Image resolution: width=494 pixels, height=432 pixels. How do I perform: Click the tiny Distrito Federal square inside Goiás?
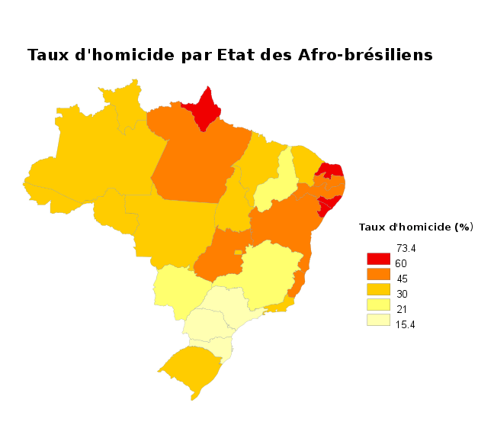click(x=239, y=251)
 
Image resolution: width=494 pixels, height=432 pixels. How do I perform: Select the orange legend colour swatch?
click(x=378, y=274)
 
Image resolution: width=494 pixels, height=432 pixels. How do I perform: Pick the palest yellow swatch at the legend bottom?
click(x=378, y=320)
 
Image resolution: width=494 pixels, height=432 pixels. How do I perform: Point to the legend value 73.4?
click(x=406, y=248)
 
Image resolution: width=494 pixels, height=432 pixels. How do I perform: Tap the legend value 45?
click(x=403, y=279)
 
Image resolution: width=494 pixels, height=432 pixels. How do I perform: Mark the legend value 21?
click(x=402, y=309)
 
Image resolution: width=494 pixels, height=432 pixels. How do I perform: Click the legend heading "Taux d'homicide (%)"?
click(x=416, y=227)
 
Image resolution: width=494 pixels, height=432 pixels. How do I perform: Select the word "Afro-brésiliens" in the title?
click(x=365, y=56)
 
